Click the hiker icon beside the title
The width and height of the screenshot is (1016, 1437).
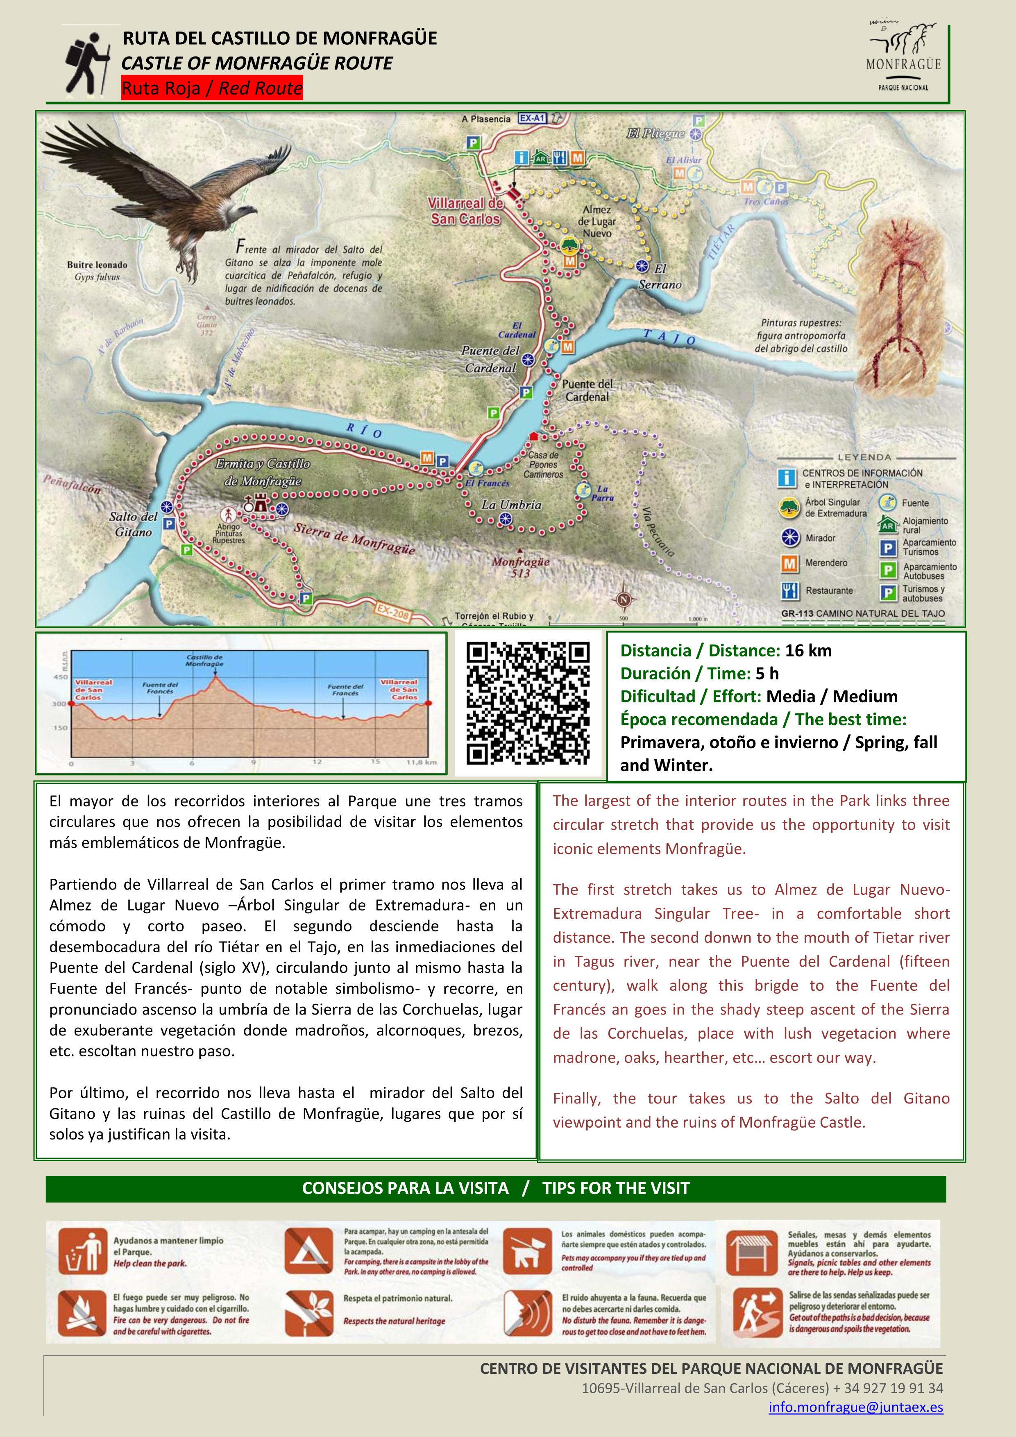coord(88,63)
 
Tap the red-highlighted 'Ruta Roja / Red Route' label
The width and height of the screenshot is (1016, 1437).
coord(211,88)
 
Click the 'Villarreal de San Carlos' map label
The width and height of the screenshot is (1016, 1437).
coord(465,211)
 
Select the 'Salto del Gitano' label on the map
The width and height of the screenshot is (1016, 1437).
coord(133,524)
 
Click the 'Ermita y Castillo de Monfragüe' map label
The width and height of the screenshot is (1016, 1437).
coord(263,472)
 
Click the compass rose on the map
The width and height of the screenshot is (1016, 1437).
coord(623,599)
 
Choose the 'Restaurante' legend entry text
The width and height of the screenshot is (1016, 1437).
coord(829,590)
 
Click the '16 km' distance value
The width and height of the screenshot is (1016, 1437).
coord(808,651)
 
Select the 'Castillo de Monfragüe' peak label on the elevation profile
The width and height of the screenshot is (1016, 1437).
coord(204,660)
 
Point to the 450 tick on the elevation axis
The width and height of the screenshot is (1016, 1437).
coord(60,677)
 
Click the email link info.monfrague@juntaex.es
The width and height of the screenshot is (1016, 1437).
coord(855,1407)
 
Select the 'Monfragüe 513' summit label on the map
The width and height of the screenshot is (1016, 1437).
coord(521,567)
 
